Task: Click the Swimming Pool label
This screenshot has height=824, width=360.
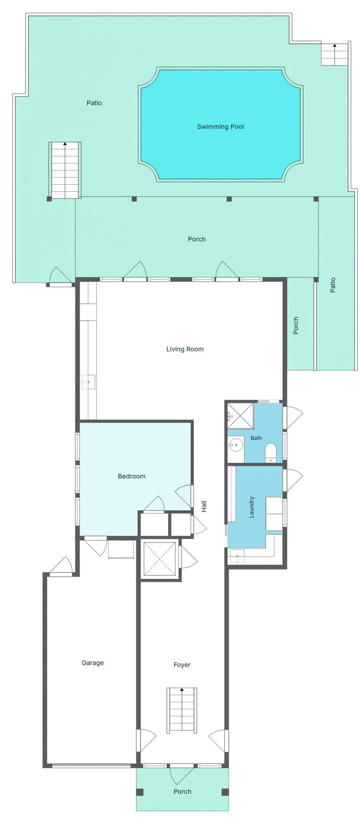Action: (220, 127)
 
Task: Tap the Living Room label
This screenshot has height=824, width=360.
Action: (185, 349)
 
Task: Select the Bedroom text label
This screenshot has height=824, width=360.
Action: (132, 476)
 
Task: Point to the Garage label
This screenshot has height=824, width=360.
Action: (93, 663)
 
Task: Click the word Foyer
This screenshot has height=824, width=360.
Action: (182, 665)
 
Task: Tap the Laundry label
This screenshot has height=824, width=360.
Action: (252, 507)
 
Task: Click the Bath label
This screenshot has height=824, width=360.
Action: (256, 438)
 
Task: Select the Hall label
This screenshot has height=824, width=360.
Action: (204, 506)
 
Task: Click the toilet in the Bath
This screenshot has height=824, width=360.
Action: (270, 453)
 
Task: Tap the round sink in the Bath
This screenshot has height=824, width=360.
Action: (236, 445)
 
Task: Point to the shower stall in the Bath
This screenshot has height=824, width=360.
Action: (240, 416)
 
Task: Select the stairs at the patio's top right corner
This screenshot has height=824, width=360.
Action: (334, 55)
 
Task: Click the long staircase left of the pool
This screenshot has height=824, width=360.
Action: (65, 170)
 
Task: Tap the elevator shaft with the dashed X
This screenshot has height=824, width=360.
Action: (160, 559)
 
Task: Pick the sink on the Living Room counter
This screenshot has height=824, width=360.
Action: (88, 382)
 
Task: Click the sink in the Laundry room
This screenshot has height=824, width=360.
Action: (237, 556)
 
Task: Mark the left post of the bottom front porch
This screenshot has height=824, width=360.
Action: (139, 792)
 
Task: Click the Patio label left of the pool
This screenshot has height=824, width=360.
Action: (94, 103)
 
